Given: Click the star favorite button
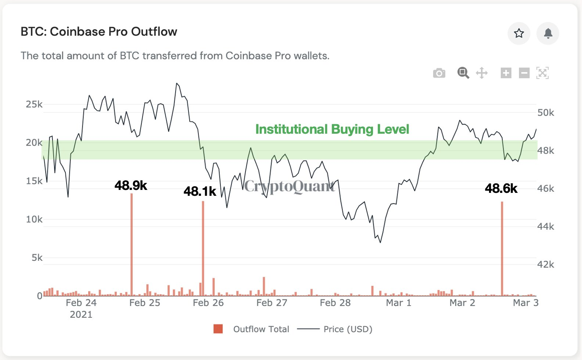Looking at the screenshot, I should point(519,33).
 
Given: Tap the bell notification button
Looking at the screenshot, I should point(548,33).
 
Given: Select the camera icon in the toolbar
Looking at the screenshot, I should point(439,73).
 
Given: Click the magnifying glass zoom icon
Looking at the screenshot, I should point(463,73).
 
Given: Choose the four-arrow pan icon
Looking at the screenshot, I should point(482,73).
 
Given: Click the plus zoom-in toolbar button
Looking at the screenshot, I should point(506,73).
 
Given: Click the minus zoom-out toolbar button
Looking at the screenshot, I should point(524,73).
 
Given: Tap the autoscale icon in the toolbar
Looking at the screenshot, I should point(543,73).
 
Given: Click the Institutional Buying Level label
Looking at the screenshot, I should point(332,129).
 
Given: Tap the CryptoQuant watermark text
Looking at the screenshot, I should point(290,187).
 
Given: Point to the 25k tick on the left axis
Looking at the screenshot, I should point(34,104).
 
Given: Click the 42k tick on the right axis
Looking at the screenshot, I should point(546,264).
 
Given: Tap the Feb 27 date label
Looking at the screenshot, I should point(272,303).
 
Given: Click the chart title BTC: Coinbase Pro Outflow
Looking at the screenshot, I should point(99,32).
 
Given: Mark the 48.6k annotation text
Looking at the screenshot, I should point(501,188).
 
